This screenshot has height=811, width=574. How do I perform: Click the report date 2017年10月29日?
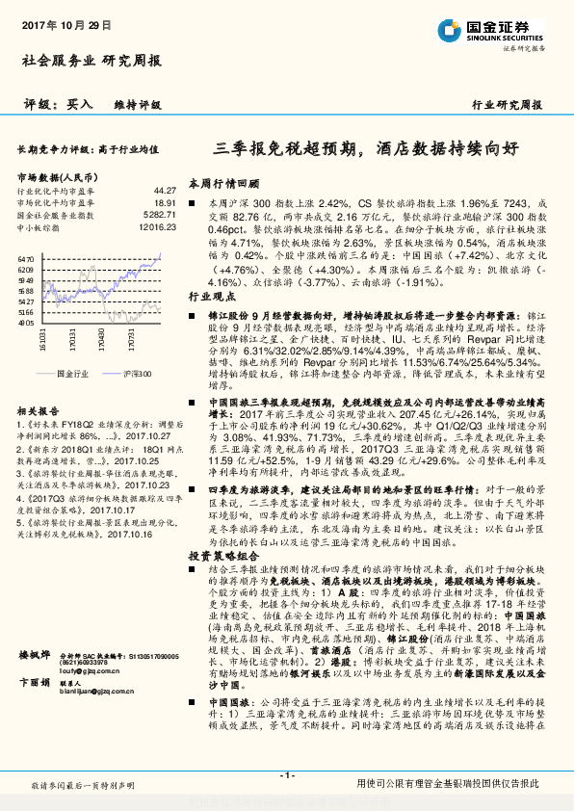[59, 26]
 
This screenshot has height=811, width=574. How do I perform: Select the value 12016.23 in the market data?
[158, 228]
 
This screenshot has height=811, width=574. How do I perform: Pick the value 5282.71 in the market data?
[160, 216]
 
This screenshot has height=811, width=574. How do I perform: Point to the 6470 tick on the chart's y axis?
[27, 260]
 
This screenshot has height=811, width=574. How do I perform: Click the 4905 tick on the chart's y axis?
[27, 323]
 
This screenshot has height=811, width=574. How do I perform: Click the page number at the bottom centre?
[286, 776]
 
